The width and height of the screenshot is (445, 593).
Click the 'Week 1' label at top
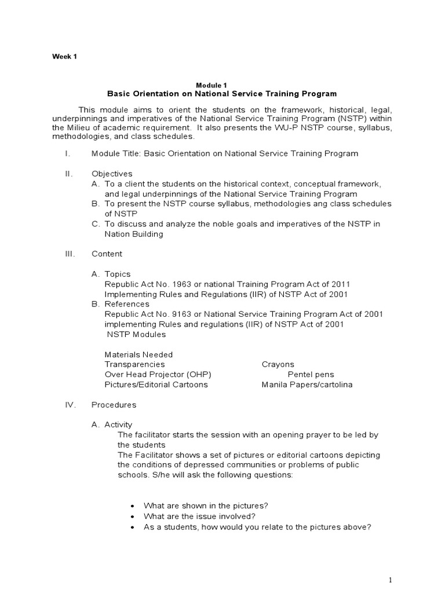click(x=64, y=56)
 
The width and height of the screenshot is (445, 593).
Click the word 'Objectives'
click(x=112, y=174)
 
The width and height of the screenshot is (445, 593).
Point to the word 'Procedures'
click(x=114, y=405)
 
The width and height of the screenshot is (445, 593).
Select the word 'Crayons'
click(x=278, y=364)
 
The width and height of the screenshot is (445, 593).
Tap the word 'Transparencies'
click(x=134, y=364)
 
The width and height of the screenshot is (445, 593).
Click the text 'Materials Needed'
click(x=138, y=354)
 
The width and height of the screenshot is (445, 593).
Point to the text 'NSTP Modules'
click(x=136, y=334)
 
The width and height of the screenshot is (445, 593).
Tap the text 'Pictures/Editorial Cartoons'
click(x=156, y=385)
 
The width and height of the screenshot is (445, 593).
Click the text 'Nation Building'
click(x=134, y=234)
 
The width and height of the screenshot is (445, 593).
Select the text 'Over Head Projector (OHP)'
click(x=154, y=374)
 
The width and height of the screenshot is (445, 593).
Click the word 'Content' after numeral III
click(x=107, y=254)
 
